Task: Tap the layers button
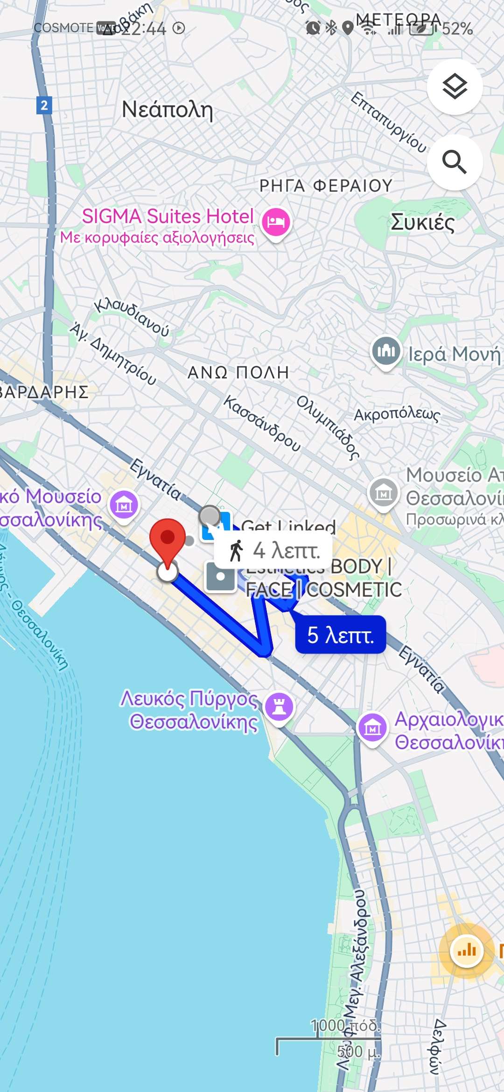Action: (455, 87)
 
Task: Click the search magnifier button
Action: (455, 162)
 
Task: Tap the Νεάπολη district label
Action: (167, 110)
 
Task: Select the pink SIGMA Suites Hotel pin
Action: (276, 222)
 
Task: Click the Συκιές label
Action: (422, 222)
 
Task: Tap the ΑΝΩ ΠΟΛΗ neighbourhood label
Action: (238, 372)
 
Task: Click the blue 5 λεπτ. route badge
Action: (341, 635)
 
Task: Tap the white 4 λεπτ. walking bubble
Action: (273, 551)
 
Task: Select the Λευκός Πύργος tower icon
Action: (279, 706)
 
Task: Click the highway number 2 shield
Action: (44, 105)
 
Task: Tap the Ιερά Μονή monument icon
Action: (386, 351)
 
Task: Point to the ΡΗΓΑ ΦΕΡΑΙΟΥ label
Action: (326, 186)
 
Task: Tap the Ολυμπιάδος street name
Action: (329, 427)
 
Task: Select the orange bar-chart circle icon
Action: (466, 950)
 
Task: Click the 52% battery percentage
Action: (457, 29)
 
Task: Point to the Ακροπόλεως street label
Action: (397, 414)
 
